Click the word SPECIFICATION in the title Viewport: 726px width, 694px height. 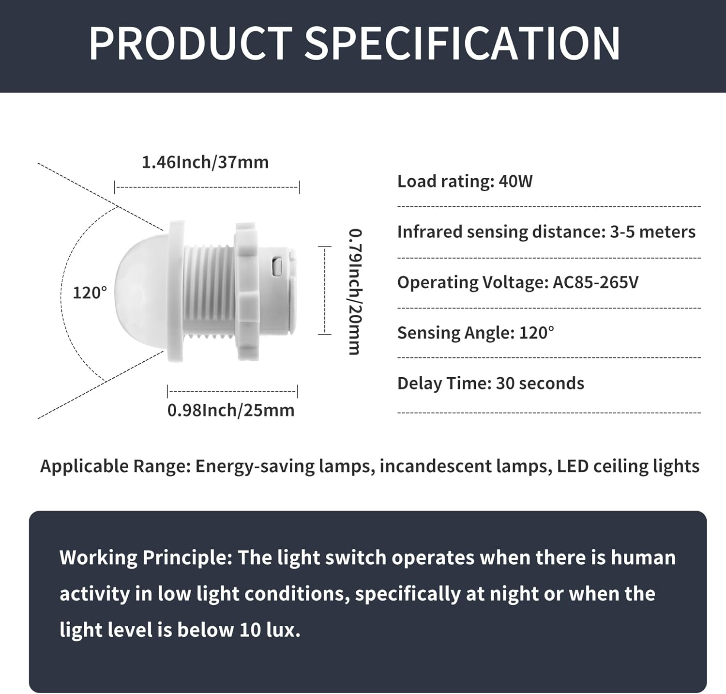462,44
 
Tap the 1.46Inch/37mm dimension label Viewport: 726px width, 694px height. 205,162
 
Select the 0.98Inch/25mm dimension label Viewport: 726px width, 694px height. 231,410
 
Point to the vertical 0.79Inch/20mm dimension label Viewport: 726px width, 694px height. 355,292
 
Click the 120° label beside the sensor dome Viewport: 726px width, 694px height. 90,293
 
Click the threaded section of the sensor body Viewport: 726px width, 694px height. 209,290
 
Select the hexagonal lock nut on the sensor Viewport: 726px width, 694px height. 246,291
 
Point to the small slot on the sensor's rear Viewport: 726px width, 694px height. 277,267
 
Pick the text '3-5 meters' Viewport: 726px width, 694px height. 652,231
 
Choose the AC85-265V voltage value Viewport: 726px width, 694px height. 596,282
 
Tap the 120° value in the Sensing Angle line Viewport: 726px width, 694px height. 537,332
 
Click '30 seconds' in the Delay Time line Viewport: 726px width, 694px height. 540,383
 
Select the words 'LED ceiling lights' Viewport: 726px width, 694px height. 628,466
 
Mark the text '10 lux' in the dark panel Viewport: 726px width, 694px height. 270,630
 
